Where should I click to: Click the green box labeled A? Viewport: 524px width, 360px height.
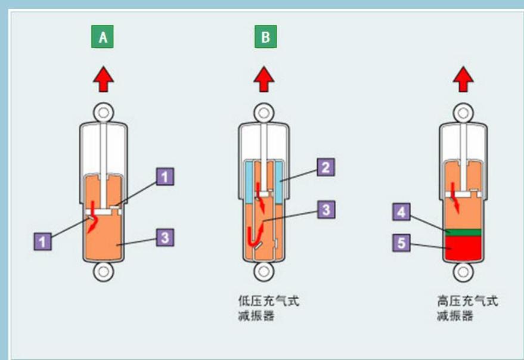pos(103,37)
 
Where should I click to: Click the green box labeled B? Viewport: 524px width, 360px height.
pos(265,37)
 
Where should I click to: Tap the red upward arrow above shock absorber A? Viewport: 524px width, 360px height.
pos(103,79)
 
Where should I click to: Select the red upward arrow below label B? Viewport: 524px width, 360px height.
pos(263,79)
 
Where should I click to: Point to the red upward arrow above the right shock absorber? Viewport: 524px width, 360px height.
pos(463,79)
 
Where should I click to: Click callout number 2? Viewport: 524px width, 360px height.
pos(324,167)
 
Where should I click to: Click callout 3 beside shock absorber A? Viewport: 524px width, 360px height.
pos(166,237)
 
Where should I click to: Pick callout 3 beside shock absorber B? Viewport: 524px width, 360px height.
pos(324,210)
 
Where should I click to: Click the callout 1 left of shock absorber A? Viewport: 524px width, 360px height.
pos(42,241)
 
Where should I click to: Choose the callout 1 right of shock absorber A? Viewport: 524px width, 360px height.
pos(166,176)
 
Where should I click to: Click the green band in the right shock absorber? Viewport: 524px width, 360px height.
pos(463,231)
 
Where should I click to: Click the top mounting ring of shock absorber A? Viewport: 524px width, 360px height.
pos(103,112)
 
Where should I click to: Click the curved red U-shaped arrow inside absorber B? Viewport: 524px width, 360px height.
pos(254,237)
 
